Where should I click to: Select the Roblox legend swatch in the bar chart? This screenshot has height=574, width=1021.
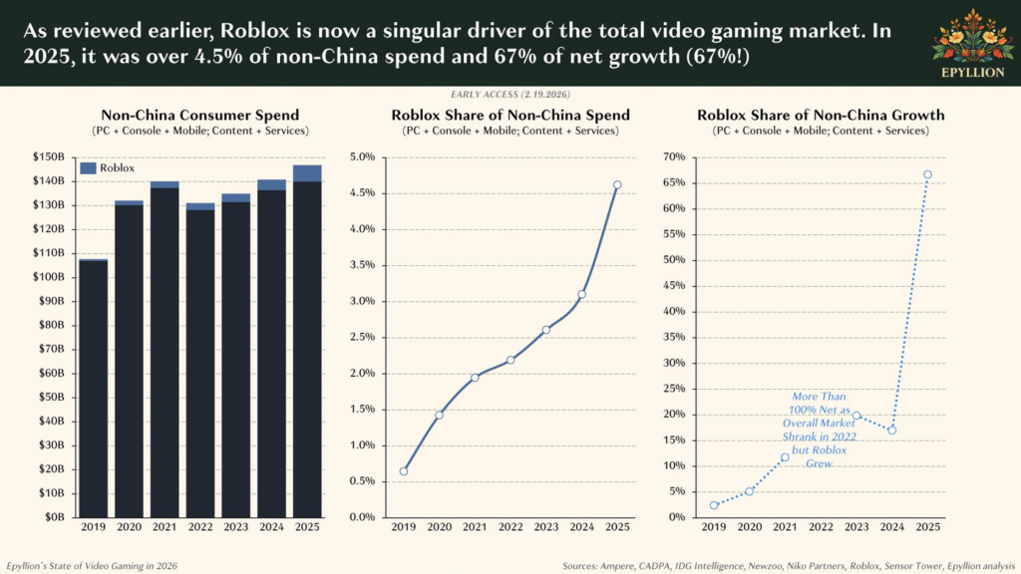tap(89, 168)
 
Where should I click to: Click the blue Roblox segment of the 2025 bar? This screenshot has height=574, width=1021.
tap(307, 172)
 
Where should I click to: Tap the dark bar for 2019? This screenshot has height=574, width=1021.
tap(93, 389)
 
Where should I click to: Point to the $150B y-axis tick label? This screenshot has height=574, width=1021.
tap(48, 157)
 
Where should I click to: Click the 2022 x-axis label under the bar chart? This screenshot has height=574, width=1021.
tap(199, 527)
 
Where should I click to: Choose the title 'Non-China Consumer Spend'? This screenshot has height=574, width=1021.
tap(200, 116)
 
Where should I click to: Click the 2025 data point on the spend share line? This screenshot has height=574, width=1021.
tap(617, 184)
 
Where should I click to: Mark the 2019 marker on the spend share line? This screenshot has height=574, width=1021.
tap(403, 471)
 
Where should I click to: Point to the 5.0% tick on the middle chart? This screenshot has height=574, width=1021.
tap(360, 157)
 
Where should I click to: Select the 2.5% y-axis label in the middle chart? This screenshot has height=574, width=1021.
tap(360, 337)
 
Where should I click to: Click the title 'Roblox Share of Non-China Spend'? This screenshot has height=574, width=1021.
tap(510, 116)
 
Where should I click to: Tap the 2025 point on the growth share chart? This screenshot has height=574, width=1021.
tap(927, 174)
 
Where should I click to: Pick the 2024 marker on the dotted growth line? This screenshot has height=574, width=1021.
tap(891, 430)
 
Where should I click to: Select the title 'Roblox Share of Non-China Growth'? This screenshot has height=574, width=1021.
tap(821, 116)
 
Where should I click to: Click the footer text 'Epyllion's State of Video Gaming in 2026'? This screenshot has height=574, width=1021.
tap(92, 565)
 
